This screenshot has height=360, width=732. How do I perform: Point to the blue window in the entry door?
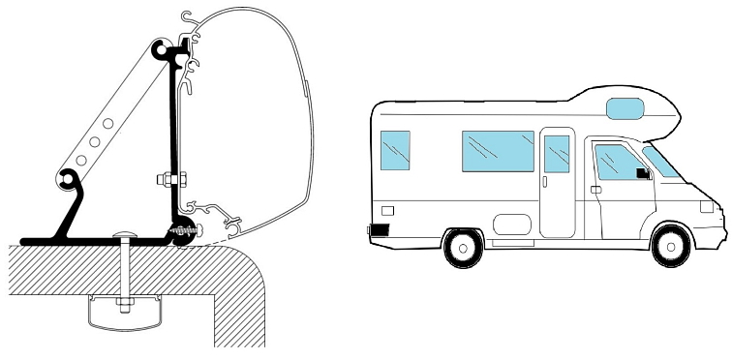[x=557, y=154]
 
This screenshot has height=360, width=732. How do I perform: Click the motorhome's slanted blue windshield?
[x=662, y=160]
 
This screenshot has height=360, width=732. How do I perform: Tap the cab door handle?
[x=596, y=190]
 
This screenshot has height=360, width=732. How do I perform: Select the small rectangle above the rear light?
[x=388, y=209]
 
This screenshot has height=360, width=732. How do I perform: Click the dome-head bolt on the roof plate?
[x=127, y=236]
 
